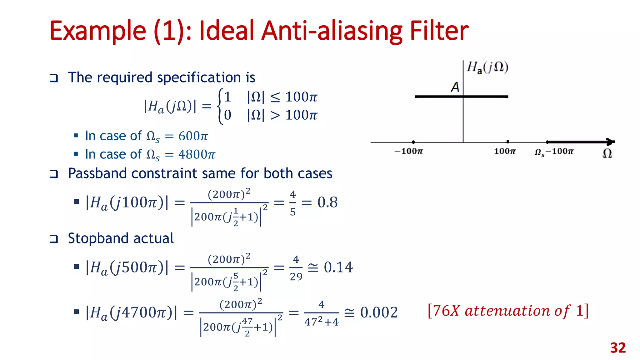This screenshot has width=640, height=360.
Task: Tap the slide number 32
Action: [x=618, y=348]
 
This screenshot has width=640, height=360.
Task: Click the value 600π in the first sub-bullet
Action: [x=193, y=136]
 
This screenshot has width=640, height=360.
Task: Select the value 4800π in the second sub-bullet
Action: [x=197, y=154]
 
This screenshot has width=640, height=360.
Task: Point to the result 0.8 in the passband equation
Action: [x=327, y=202]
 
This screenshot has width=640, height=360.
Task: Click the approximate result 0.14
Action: [x=338, y=267]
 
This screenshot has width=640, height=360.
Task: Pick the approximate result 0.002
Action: [x=379, y=312]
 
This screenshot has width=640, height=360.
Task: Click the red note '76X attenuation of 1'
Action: [x=508, y=311]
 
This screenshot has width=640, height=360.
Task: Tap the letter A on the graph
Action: [x=455, y=87]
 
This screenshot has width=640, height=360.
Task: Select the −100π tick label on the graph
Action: [x=409, y=152]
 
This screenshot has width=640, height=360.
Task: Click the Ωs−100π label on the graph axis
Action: [x=554, y=152]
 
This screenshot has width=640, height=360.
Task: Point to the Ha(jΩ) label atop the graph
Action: [x=487, y=67]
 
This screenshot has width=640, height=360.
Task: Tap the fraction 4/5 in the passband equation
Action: [x=292, y=203]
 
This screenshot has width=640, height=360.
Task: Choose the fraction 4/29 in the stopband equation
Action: [x=296, y=268]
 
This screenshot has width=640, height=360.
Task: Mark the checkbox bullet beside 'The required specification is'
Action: [x=54, y=78]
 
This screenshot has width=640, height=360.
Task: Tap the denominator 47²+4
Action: [x=321, y=322]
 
